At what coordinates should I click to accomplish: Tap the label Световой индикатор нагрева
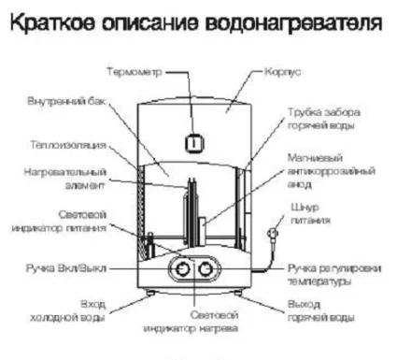191,322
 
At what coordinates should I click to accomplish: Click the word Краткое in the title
64,20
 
